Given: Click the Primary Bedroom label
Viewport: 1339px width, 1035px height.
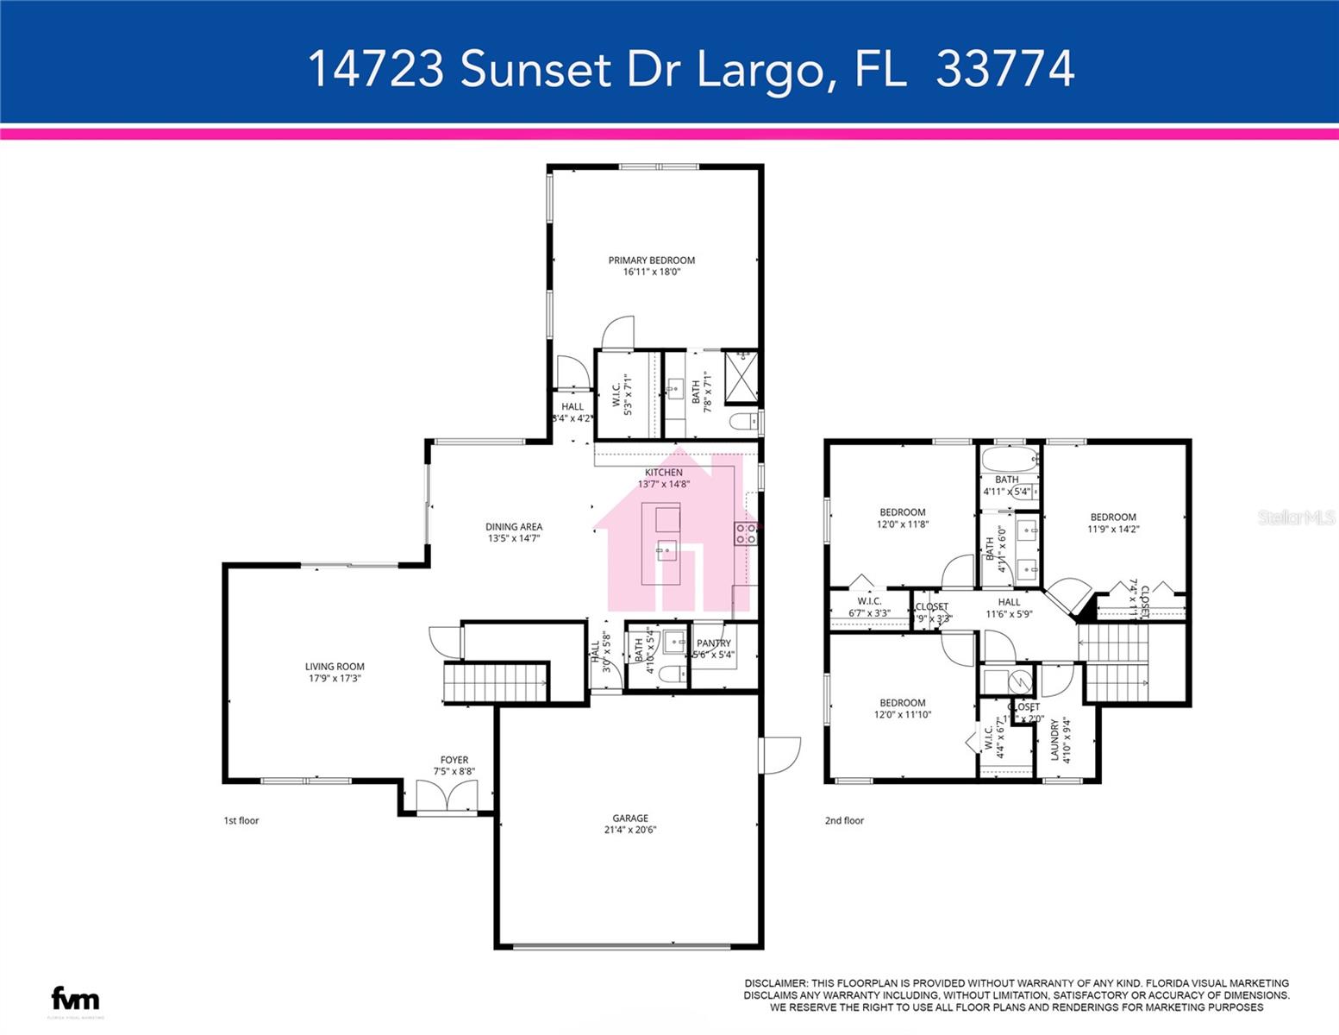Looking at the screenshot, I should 651,260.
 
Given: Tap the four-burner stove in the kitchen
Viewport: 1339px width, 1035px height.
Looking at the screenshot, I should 746,534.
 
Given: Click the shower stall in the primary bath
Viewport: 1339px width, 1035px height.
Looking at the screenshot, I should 741,377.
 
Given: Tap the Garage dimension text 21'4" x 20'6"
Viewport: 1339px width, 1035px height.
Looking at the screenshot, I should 630,831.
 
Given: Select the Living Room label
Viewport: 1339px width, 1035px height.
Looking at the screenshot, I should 335,667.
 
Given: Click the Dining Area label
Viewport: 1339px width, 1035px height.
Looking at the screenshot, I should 514,527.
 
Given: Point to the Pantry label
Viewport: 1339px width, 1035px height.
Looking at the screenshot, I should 714,643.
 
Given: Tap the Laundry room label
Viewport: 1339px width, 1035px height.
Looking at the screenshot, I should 1054,740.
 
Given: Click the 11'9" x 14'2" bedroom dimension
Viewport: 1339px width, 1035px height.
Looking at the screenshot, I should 1113,530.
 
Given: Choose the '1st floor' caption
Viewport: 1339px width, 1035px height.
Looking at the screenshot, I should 241,821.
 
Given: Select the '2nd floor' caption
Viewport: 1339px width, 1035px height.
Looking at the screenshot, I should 844,821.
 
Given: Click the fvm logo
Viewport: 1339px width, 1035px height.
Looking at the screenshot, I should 76,999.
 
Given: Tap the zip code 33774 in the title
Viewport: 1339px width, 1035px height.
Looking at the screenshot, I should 1005,69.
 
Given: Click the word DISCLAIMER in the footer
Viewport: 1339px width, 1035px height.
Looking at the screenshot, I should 775,983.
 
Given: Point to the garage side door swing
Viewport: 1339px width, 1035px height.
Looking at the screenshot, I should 780,755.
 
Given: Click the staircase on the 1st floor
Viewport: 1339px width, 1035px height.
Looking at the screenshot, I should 497,682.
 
